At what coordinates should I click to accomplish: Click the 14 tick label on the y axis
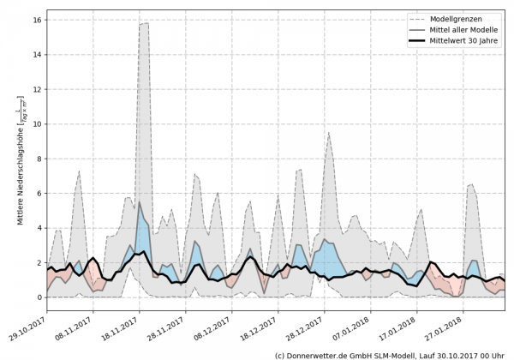point(38,53)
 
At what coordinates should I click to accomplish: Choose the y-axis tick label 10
point(38,123)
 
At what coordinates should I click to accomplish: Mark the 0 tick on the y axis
point(40,297)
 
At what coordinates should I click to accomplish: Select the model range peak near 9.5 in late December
point(328,133)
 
